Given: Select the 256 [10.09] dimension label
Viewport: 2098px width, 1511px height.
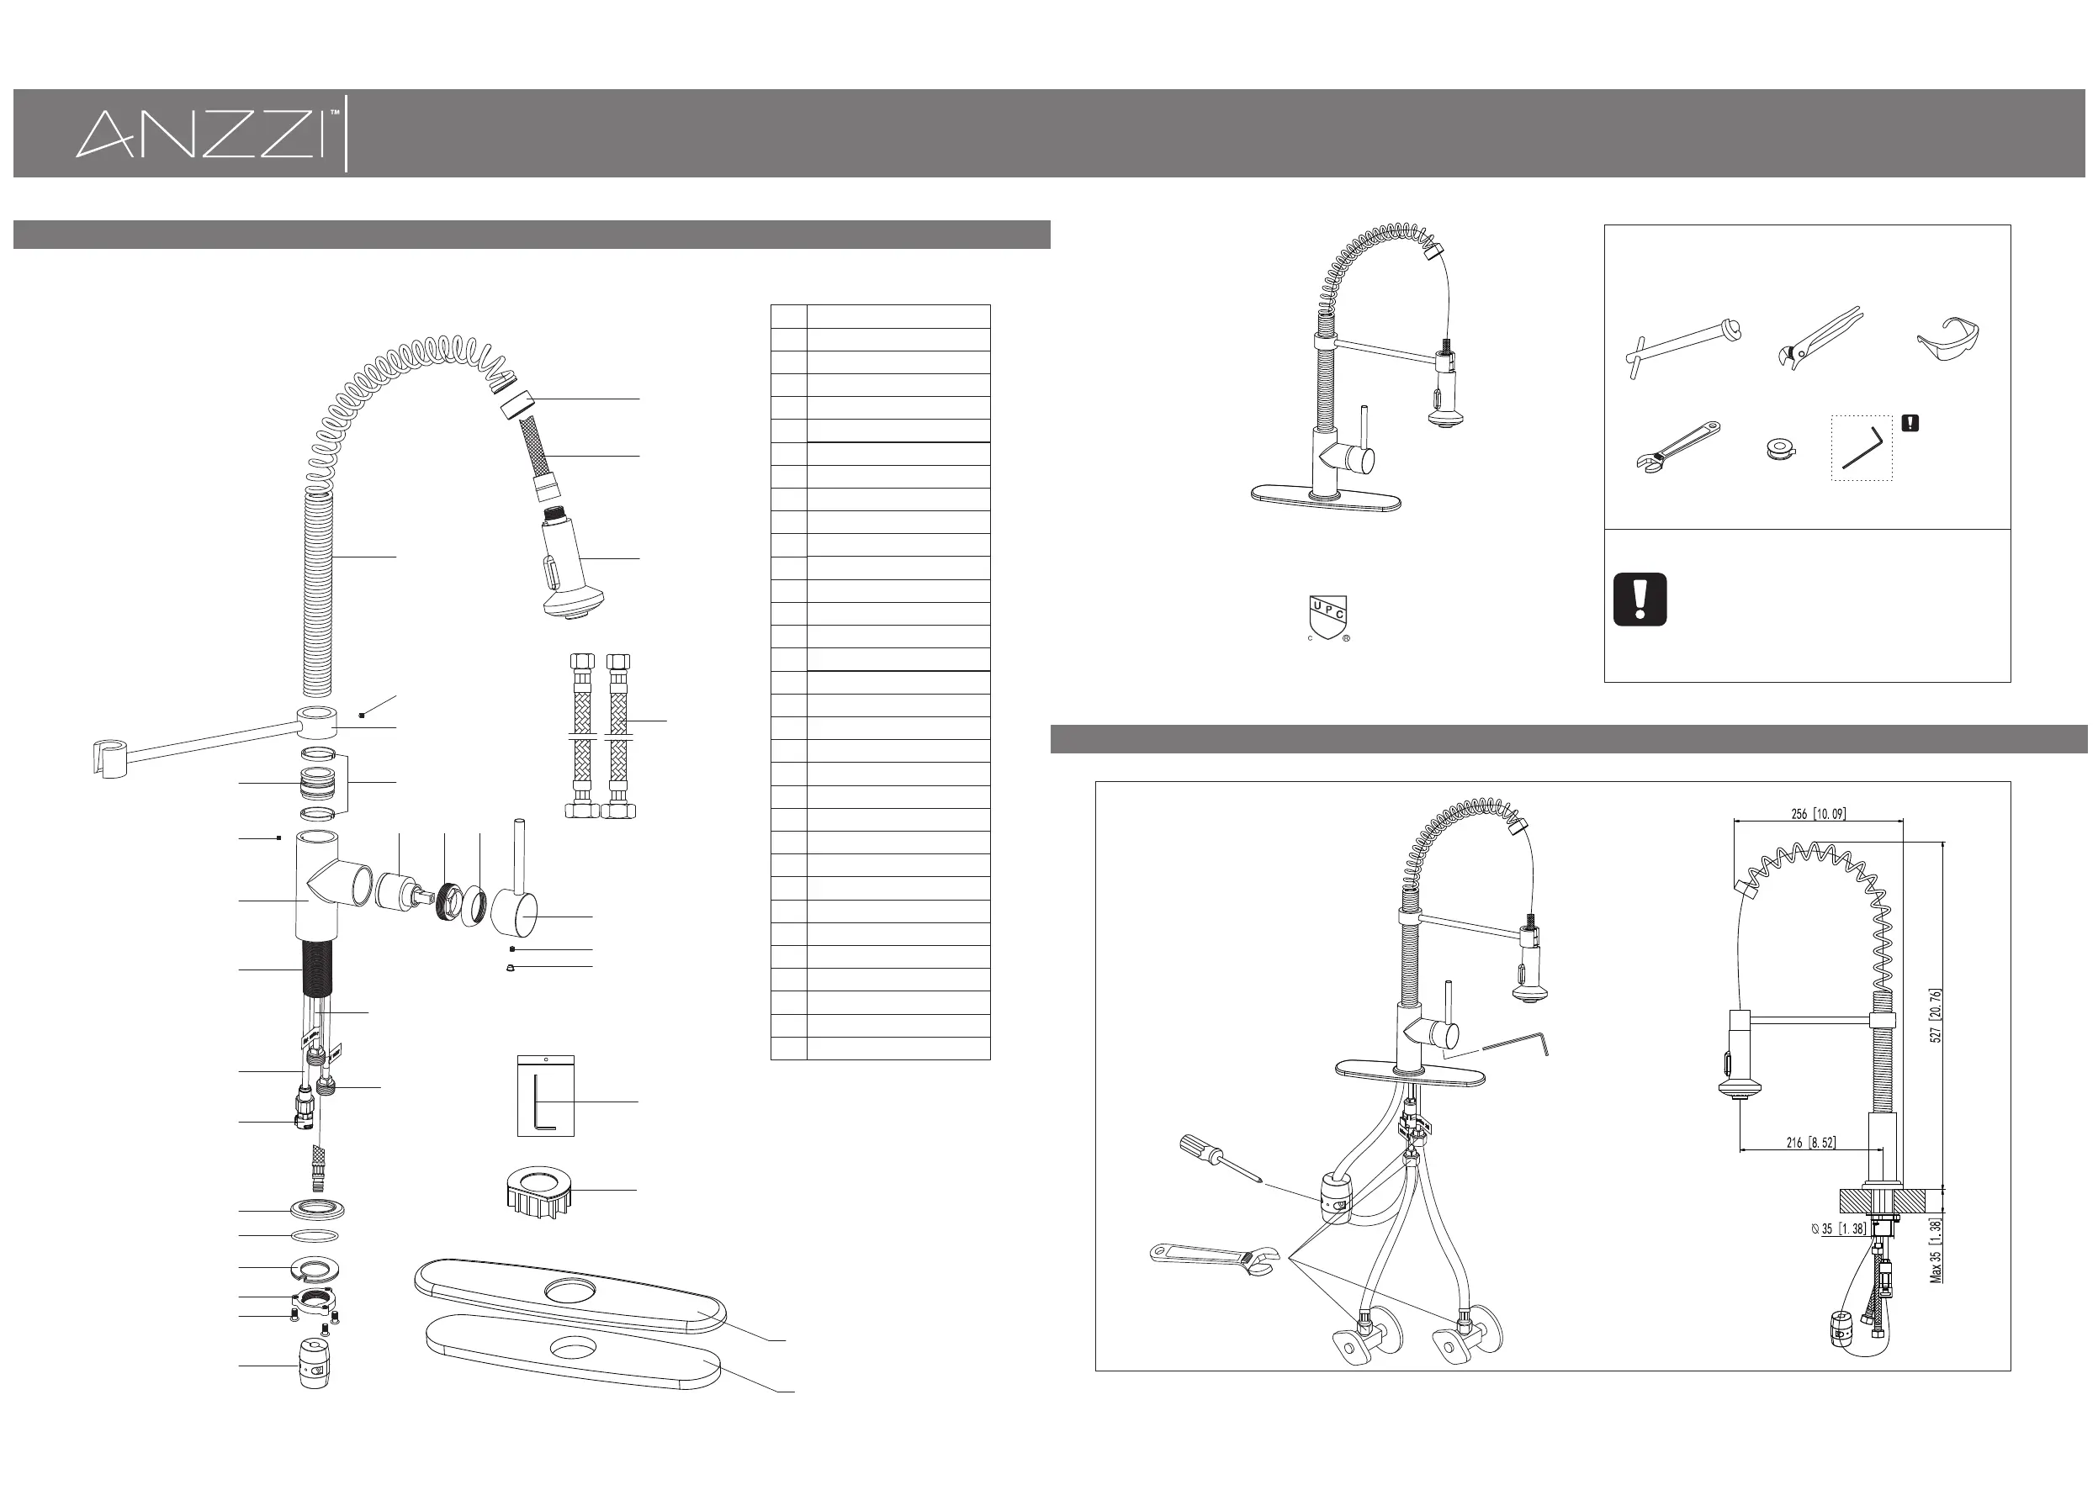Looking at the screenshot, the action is coord(1817,814).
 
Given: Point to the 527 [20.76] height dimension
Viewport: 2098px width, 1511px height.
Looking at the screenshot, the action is coord(1936,1014).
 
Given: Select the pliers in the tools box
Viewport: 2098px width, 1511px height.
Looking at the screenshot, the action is coord(1818,336).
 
